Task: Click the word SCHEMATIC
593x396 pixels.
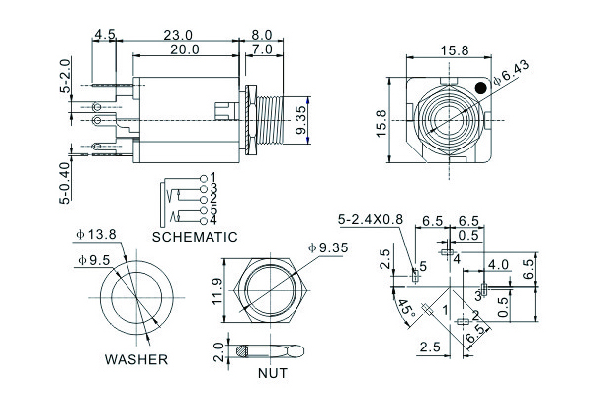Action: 195,238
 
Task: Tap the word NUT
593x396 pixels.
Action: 272,374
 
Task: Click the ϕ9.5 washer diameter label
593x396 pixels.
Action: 95,261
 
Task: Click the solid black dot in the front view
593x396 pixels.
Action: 479,88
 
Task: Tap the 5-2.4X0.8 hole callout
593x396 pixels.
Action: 370,219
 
